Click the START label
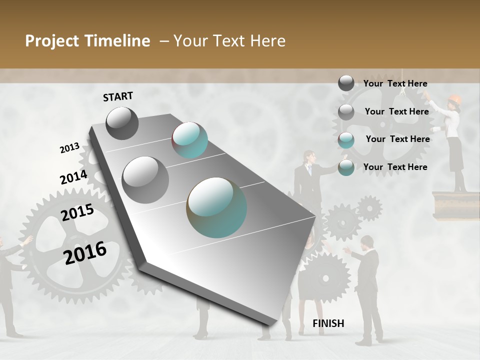(118, 96)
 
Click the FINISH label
(328, 323)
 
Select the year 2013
(69, 148)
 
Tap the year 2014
(73, 177)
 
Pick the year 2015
(77, 212)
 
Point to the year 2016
(85, 253)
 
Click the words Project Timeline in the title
(87, 41)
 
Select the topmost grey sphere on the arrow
(122, 123)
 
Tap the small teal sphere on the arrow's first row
(189, 140)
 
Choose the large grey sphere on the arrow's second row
(145, 179)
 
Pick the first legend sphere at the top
(346, 83)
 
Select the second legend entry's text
(396, 111)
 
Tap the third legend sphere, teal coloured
(346, 139)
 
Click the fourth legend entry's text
(395, 167)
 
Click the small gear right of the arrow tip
(369, 207)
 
